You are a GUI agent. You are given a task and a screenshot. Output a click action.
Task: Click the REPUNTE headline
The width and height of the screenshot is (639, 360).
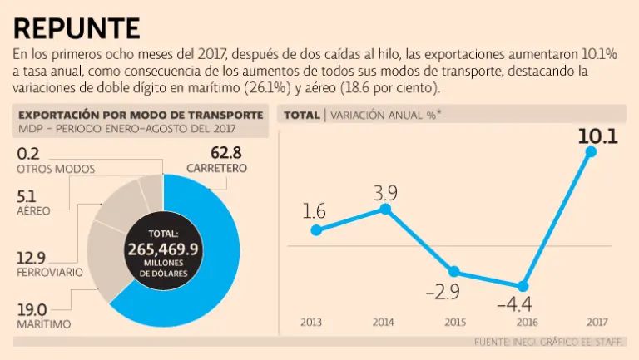coord(77,27)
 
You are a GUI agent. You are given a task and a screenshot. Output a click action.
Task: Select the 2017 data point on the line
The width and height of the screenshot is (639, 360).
coord(591,151)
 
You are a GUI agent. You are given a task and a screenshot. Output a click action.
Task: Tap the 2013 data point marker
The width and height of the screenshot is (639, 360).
coord(315,229)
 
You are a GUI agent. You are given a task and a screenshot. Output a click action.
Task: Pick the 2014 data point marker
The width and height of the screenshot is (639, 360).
coord(384,209)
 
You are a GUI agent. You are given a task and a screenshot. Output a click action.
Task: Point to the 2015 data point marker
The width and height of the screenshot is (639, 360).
coord(453,271)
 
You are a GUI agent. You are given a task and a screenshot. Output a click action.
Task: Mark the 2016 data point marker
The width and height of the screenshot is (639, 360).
coord(523,285)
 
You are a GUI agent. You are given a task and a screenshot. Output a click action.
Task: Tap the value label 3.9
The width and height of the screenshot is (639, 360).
coord(384,193)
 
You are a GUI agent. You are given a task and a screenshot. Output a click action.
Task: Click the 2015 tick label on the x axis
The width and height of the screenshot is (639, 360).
coord(453,322)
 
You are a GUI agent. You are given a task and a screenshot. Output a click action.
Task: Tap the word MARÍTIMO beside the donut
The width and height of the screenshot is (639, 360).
coord(43,323)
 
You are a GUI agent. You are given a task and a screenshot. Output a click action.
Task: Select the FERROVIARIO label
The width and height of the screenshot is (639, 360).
coord(50,273)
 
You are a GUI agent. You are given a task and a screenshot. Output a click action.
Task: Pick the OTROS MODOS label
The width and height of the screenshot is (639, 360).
coord(55,169)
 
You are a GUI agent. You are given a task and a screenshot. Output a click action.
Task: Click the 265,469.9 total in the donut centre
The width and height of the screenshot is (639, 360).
coord(164,249)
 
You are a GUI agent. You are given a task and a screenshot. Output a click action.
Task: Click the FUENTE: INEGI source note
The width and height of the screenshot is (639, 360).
coord(548,342)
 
